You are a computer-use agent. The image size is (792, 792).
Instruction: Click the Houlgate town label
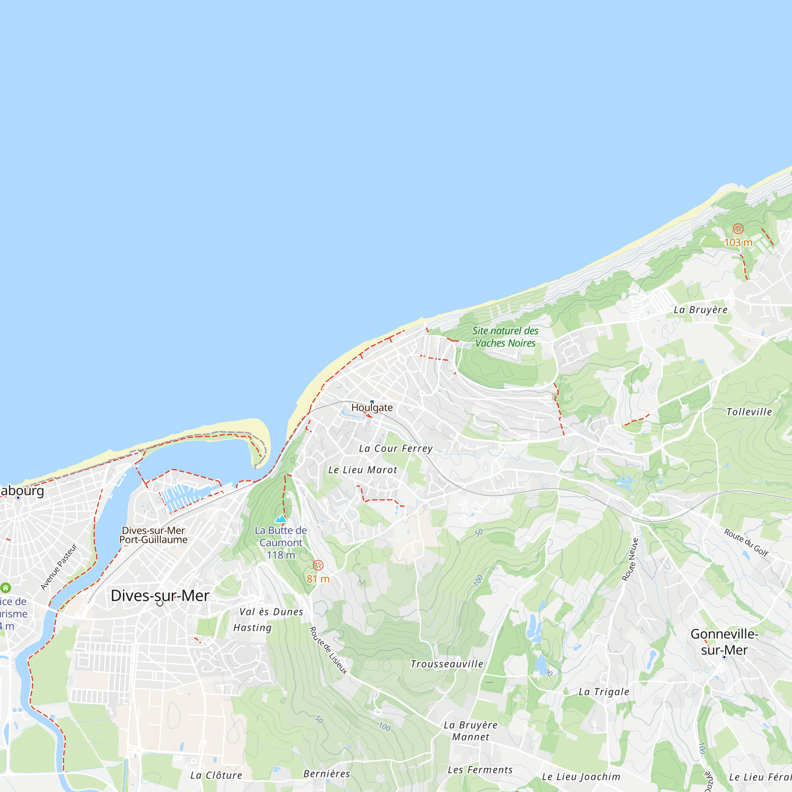372,407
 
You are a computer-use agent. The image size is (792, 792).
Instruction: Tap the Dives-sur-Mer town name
160,596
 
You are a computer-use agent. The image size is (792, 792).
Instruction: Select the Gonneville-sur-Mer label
724,642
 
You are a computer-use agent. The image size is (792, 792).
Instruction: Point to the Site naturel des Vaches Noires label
505,337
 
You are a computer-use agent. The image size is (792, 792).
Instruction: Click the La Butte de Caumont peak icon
281,519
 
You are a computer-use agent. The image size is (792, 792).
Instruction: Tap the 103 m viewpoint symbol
738,229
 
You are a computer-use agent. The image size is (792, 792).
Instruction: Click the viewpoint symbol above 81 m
318,565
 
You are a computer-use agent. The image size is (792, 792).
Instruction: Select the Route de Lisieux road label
328,650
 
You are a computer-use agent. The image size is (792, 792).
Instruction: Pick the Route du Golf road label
746,543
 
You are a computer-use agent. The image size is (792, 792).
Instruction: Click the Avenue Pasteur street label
59,567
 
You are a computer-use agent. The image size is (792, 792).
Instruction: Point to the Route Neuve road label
630,560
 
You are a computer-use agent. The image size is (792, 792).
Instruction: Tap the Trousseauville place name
447,664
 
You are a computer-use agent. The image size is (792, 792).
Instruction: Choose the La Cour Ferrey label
396,449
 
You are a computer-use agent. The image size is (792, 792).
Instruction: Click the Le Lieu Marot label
363,470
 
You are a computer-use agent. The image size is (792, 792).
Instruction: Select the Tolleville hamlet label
749,412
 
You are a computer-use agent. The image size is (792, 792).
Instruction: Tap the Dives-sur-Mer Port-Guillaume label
153,535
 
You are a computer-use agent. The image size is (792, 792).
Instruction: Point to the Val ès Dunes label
271,612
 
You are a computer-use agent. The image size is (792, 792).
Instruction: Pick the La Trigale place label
604,692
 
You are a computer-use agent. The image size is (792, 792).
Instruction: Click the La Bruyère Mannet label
470,731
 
